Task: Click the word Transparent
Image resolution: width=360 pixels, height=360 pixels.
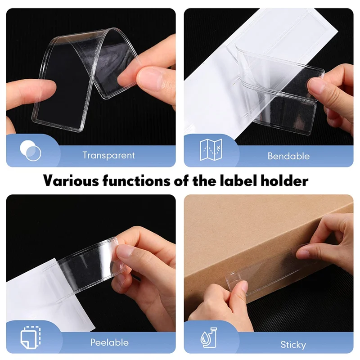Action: (108, 156)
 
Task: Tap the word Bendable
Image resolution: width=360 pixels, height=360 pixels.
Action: (288, 156)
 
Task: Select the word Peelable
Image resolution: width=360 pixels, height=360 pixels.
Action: (110, 342)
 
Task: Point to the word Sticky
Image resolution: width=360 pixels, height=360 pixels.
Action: (293, 345)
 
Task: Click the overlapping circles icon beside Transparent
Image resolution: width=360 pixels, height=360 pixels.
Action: (31, 151)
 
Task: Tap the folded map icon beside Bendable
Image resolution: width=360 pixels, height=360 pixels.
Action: (211, 150)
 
